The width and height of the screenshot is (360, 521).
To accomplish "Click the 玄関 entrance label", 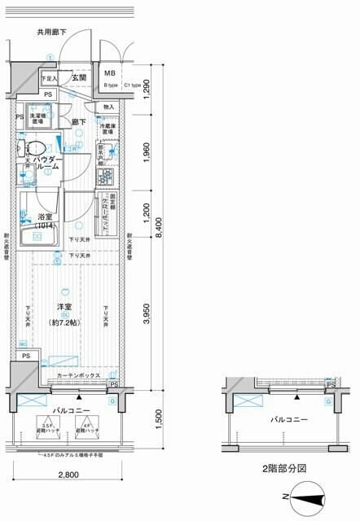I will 79,77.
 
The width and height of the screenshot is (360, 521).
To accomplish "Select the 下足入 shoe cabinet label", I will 49,78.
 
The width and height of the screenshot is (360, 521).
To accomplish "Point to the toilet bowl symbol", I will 35,148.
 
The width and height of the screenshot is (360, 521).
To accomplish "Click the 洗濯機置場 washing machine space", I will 37,116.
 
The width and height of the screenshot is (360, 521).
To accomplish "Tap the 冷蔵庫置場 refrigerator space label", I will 108,129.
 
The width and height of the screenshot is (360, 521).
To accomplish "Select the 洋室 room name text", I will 65,307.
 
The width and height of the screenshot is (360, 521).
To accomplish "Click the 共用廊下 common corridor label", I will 51,33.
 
